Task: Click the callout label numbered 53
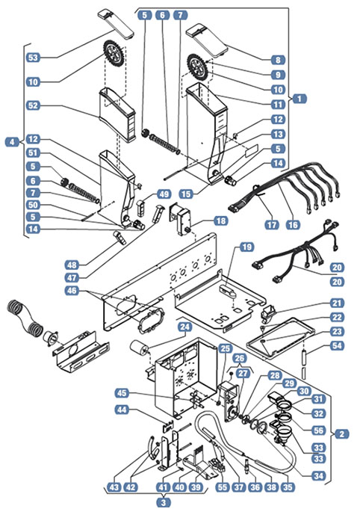33,58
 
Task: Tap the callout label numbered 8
278,60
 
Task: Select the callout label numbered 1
299,98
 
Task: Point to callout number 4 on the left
12,142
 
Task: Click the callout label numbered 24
185,327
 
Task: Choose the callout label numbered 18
221,221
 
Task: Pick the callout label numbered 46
72,291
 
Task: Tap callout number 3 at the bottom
164,502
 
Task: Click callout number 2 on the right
342,434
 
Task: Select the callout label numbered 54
337,345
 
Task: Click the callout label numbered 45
122,393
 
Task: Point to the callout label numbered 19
246,247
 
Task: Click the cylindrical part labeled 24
139,348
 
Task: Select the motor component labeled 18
180,218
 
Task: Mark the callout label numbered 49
164,194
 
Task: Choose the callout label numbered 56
319,431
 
